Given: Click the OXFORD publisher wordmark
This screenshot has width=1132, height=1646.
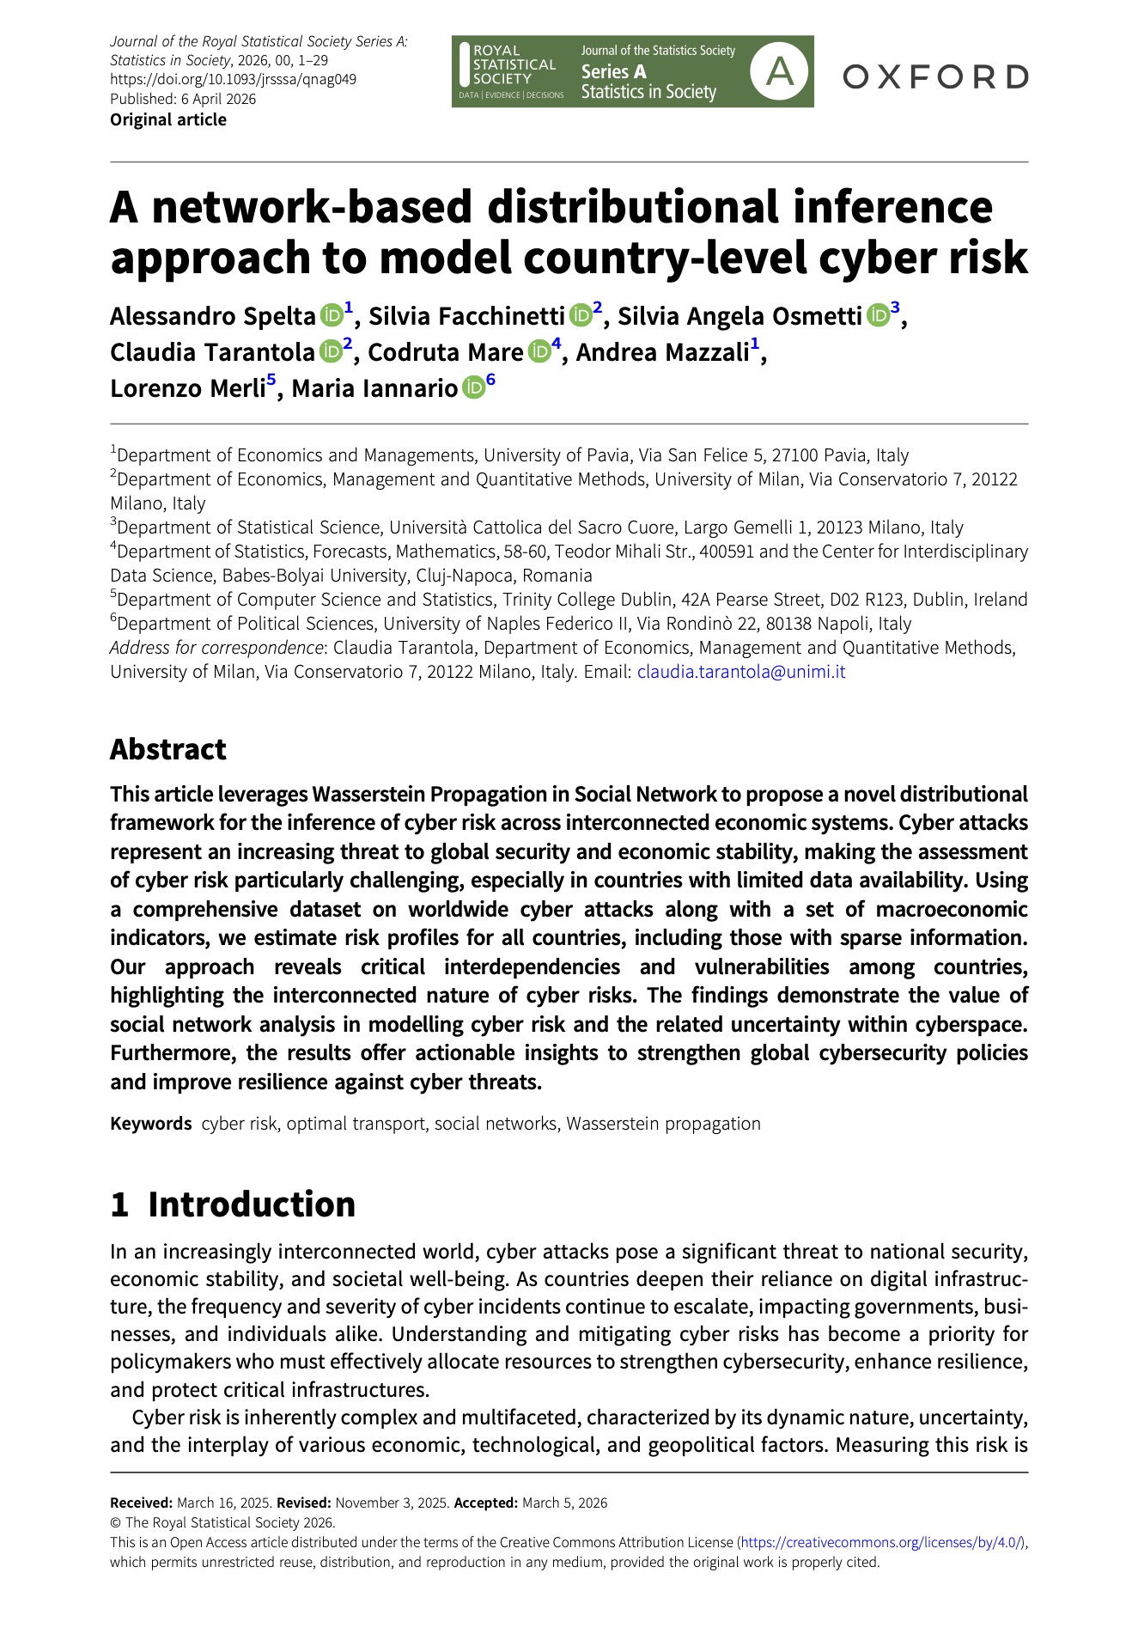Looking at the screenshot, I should pos(935,76).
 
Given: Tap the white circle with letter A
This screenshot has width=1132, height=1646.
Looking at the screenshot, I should pos(779,72).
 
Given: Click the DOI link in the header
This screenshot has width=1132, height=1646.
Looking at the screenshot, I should pos(233,79).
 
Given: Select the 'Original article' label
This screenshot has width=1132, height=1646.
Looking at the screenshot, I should pos(168,119).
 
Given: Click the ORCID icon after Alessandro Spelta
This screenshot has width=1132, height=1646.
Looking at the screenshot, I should pos(332,315).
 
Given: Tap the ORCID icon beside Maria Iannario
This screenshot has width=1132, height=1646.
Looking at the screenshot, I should pos(473,387).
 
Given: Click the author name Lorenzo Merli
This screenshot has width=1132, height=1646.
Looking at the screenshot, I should pos(187,388).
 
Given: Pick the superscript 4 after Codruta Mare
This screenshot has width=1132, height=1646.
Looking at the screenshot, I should pos(556,345).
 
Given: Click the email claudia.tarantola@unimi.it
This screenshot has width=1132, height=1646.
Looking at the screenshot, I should pos(740,672).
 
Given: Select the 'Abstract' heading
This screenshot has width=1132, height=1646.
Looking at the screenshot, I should pos(168,749).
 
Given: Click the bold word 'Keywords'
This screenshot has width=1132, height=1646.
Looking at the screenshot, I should pos(151,1124).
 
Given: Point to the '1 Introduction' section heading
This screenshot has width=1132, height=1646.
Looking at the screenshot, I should pos(233,1204).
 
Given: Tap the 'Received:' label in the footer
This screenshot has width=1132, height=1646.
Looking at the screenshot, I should pos(142,1503).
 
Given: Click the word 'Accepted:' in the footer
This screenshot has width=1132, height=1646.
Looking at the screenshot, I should pos(485,1503).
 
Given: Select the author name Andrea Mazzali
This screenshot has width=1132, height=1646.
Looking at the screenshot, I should pos(662,352).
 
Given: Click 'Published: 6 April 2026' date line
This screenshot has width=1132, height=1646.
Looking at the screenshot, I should pos(183,99).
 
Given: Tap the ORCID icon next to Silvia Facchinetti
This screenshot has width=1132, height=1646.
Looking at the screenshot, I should pos(581,315).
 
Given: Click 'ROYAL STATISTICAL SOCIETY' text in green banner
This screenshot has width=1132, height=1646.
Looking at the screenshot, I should pos(514,64).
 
